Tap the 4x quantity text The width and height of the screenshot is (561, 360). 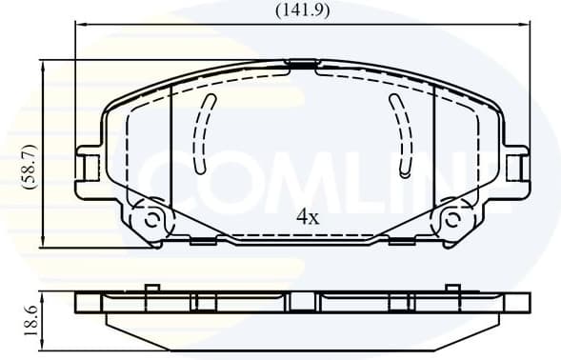306,218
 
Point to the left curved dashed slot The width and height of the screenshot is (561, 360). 202,132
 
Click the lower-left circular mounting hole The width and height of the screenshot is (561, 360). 150,220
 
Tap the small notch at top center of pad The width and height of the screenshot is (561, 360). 302,65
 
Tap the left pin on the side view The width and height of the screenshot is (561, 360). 150,289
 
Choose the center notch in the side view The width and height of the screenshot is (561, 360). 302,302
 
